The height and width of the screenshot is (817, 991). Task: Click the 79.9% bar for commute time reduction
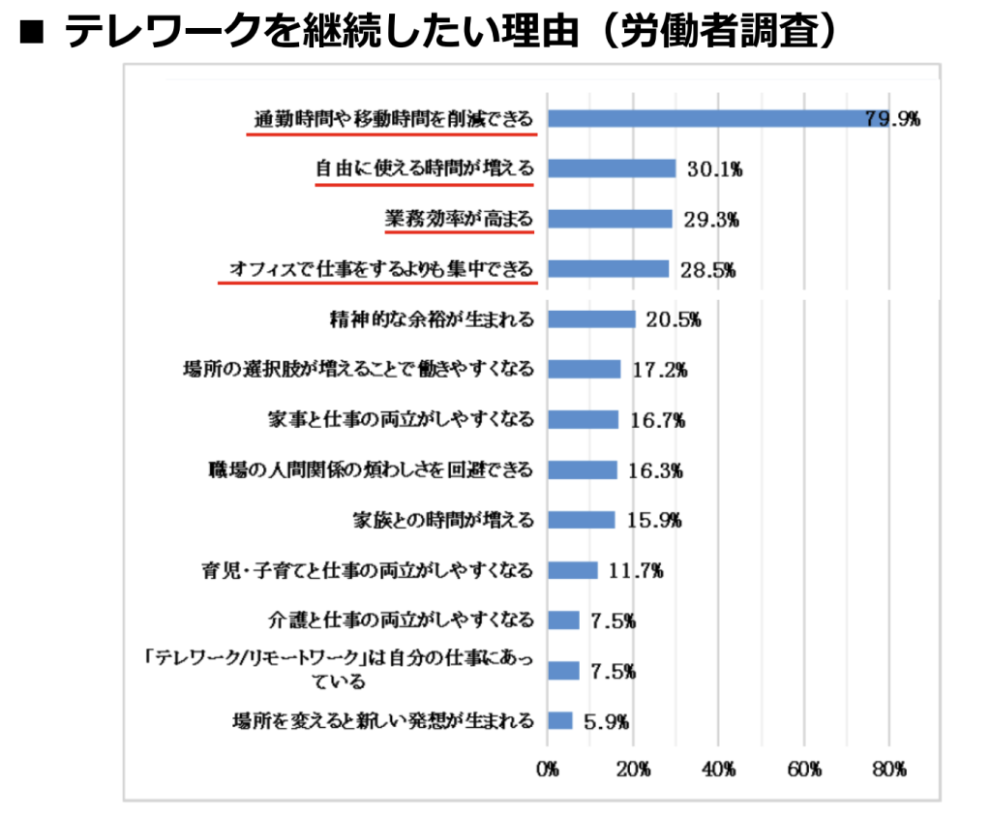716,118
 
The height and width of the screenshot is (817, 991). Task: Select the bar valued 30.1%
612,168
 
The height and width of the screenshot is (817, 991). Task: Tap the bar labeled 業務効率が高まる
610,219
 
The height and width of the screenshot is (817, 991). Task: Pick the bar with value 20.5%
591,318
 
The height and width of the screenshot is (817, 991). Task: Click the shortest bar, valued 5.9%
560,720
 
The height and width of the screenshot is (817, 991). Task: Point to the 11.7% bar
573,570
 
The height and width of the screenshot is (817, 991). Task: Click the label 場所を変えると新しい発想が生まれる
383,720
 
